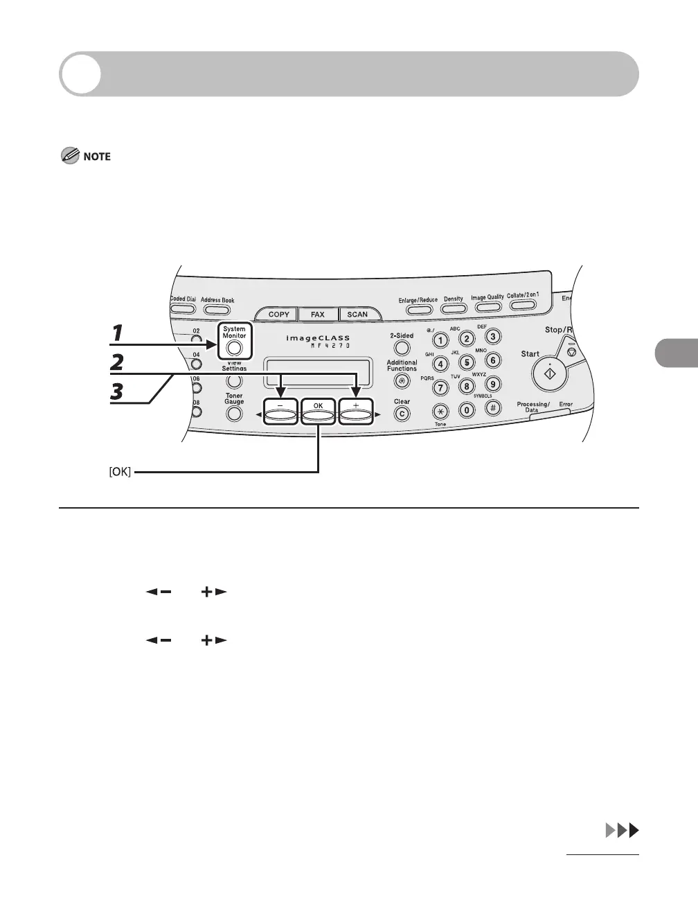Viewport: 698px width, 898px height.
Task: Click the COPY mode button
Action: (278, 314)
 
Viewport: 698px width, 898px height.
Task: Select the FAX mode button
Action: (317, 314)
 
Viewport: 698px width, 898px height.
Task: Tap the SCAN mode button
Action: (357, 314)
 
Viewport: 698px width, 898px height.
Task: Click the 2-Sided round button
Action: (402, 349)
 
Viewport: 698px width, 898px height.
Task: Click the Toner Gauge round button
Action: (234, 414)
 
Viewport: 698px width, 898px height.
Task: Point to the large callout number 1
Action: (119, 333)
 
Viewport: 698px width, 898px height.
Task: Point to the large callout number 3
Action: (118, 392)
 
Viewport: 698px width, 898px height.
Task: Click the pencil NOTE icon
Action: (70, 157)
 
